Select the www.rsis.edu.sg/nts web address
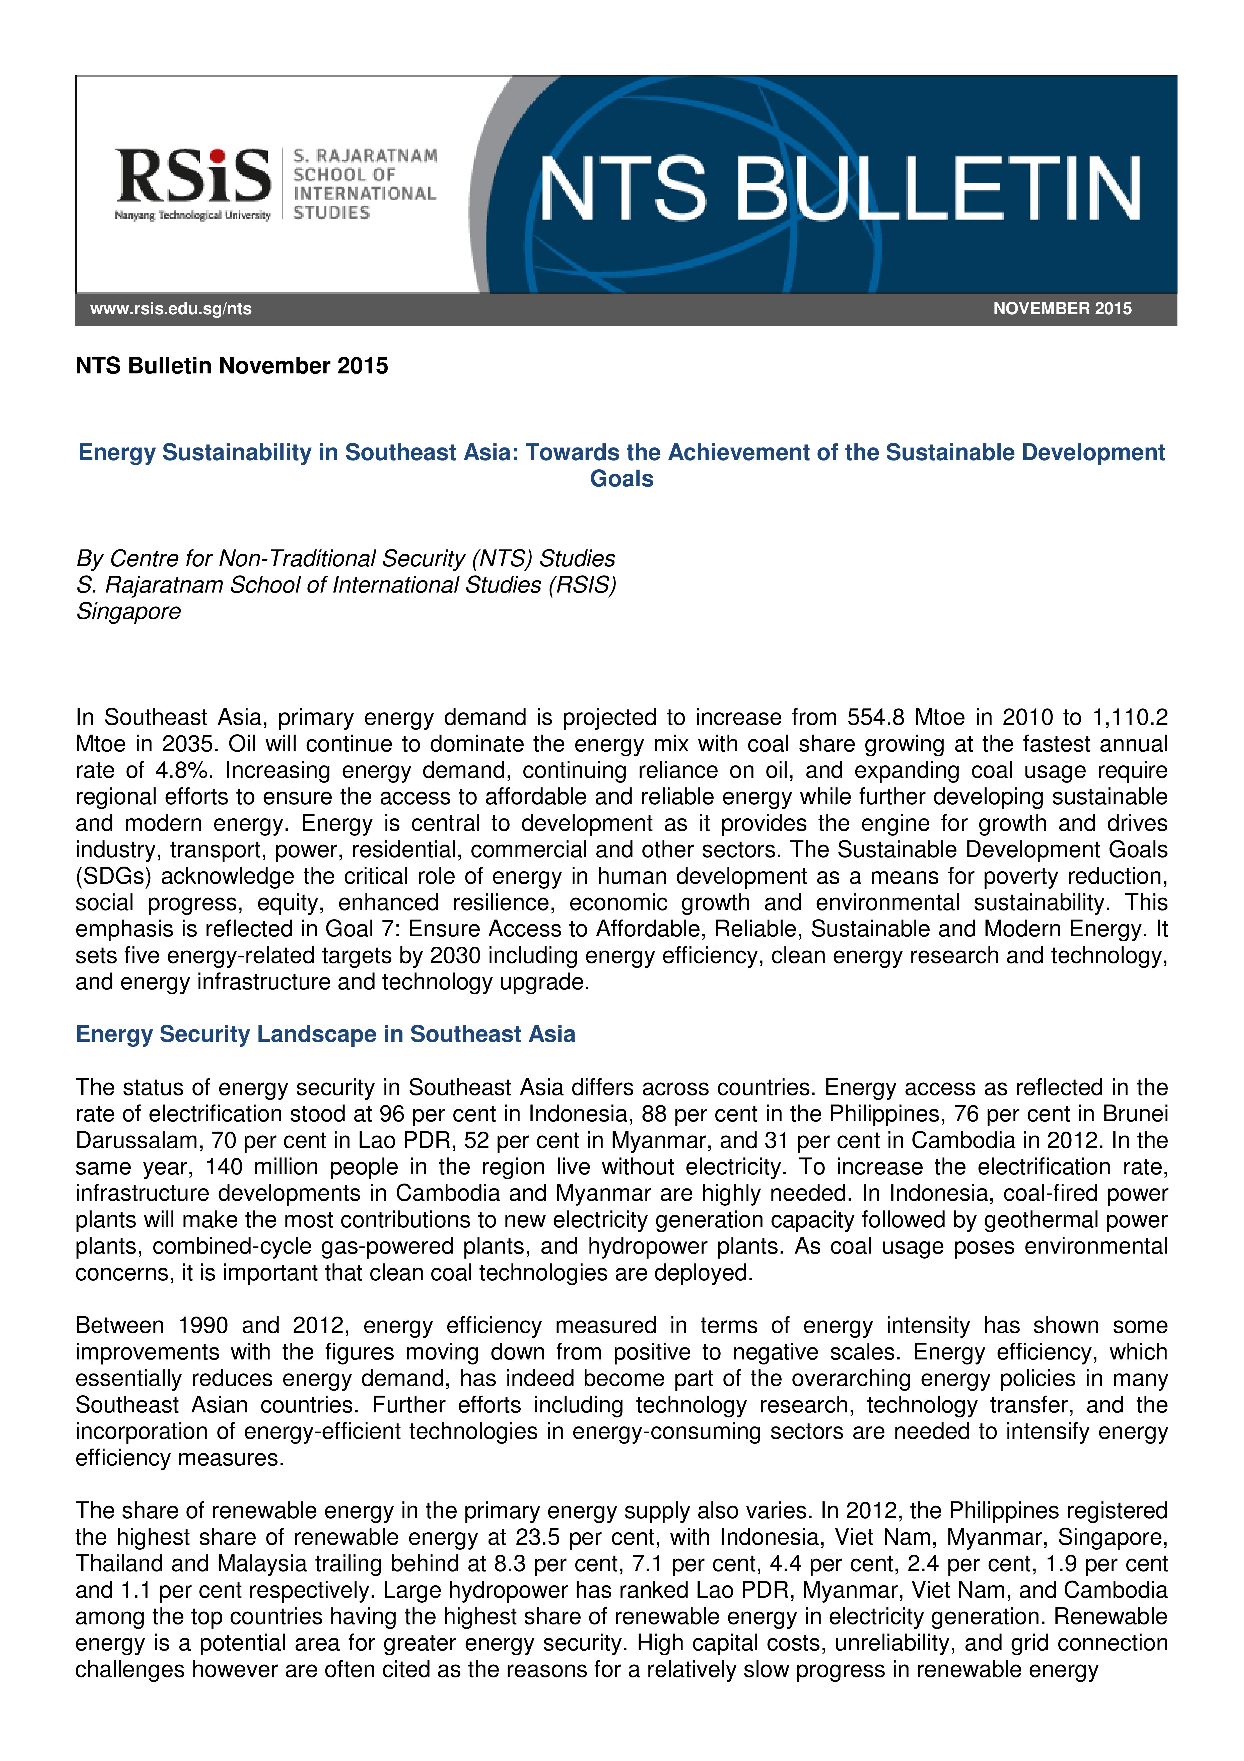point(171,309)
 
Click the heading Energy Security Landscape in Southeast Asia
point(325,1035)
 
